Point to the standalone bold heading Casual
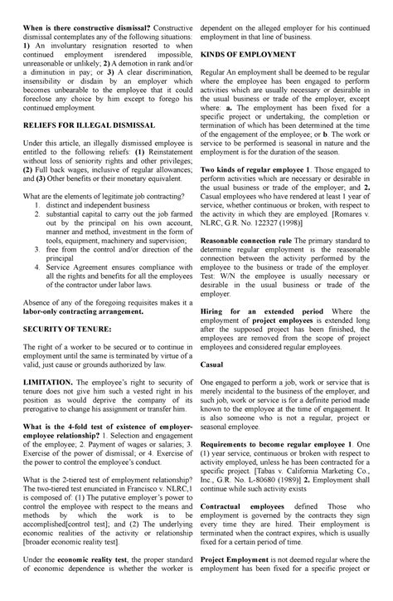(x=212, y=364)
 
